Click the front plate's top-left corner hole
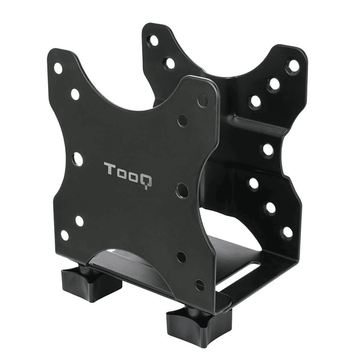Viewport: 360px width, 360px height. [x=58, y=68]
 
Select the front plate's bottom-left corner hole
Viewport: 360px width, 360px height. [x=65, y=235]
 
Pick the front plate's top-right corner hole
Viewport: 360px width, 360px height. [x=203, y=101]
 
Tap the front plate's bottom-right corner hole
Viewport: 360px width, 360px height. [x=199, y=285]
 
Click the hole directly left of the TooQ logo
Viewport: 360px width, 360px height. [x=77, y=159]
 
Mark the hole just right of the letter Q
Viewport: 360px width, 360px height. [x=182, y=190]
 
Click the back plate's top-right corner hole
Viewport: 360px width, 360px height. [x=293, y=66]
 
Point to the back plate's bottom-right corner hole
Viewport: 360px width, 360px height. [x=287, y=232]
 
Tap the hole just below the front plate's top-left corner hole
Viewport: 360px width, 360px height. [x=75, y=94]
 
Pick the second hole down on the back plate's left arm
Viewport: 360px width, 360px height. [x=170, y=63]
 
